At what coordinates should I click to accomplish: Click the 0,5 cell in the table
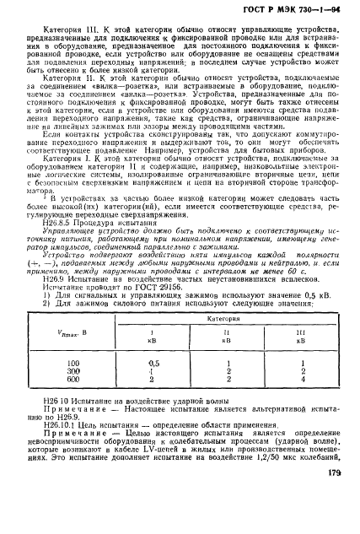(153, 387)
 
